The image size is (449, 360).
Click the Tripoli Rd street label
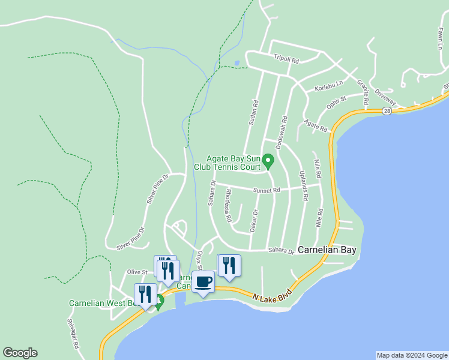pyautogui.click(x=286, y=58)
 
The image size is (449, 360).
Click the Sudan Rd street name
pyautogui.click(x=253, y=112)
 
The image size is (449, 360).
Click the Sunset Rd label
pyautogui.click(x=268, y=190)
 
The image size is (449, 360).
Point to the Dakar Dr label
pyautogui.click(x=254, y=220)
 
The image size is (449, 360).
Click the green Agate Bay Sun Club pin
pyautogui.click(x=268, y=161)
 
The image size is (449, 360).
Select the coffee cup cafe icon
pyautogui.click(x=203, y=281)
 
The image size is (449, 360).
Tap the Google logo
pyautogui.click(x=20, y=353)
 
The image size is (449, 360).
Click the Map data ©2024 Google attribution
pyautogui.click(x=412, y=355)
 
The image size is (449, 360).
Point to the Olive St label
pyautogui.click(x=137, y=272)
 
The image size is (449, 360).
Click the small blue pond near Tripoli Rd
pyautogui.click(x=237, y=62)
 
